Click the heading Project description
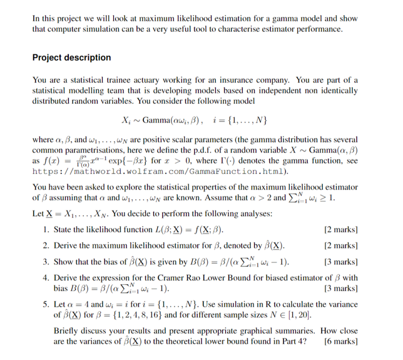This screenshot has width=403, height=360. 71,58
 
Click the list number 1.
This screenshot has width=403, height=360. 47,231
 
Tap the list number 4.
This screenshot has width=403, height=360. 47,278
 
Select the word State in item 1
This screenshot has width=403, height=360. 64,231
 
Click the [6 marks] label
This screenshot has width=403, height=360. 342,342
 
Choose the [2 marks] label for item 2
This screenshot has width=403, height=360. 342,246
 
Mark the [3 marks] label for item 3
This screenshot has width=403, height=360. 342,262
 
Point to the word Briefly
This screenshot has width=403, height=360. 68,331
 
